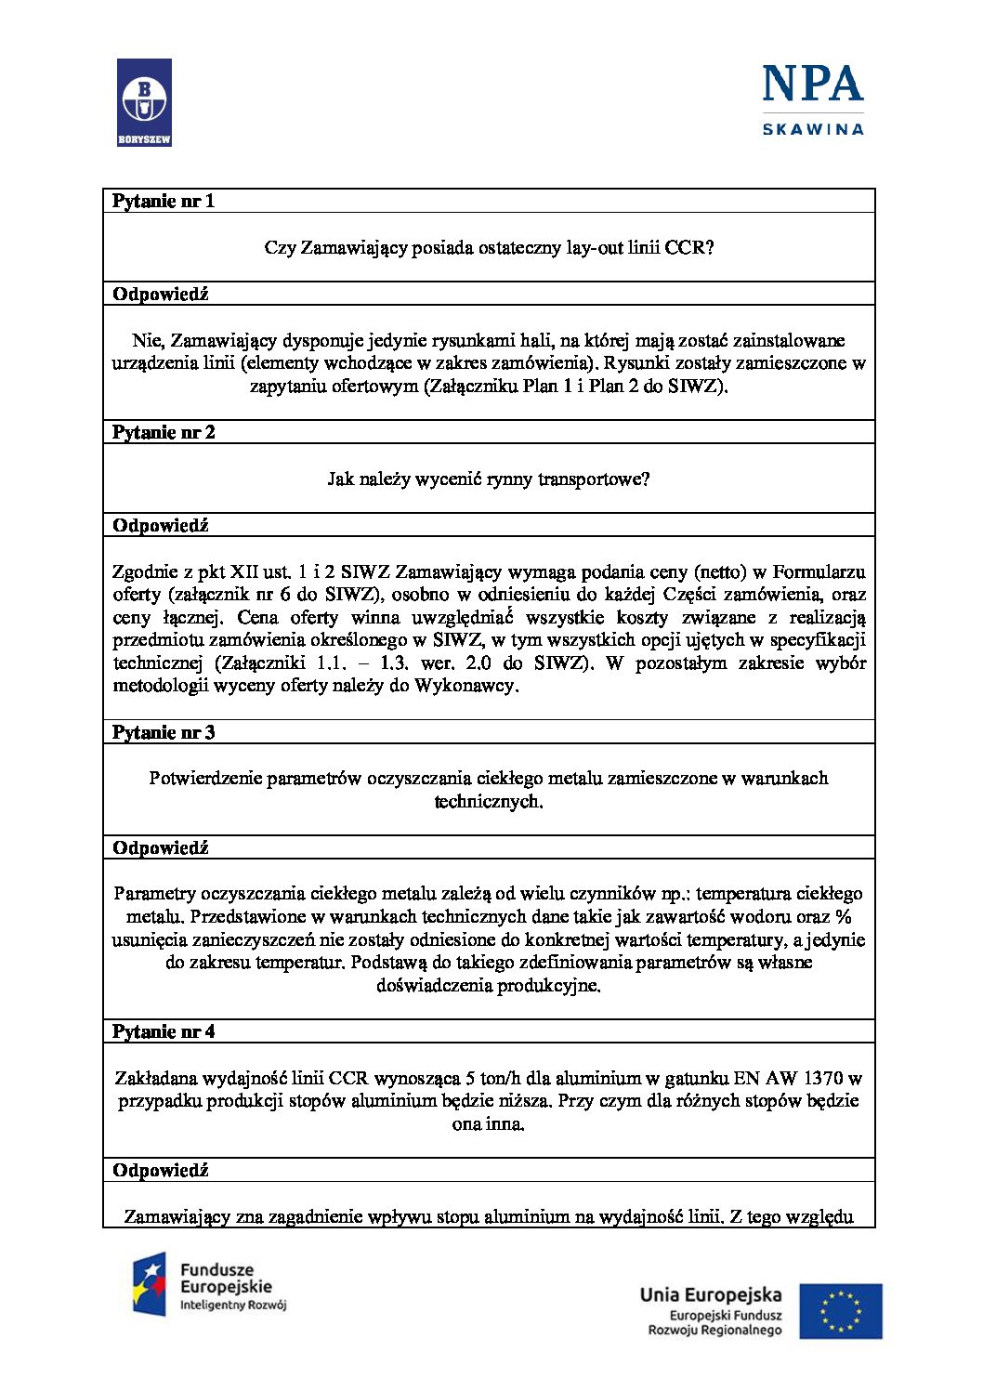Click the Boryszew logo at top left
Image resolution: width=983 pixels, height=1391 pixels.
click(144, 102)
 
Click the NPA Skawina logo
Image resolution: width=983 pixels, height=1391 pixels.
click(813, 99)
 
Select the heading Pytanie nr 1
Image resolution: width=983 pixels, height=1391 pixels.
click(164, 201)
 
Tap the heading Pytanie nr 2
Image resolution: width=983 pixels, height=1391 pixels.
click(164, 432)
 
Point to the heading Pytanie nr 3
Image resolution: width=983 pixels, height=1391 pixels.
click(164, 732)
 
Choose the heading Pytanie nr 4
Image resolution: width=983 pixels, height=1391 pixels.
click(164, 1031)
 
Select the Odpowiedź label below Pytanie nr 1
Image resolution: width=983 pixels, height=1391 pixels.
click(161, 294)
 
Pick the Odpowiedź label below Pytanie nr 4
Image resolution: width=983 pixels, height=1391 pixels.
click(161, 1170)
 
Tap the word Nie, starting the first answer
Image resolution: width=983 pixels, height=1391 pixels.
click(148, 340)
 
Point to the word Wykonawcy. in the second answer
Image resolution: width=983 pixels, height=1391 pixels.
click(466, 686)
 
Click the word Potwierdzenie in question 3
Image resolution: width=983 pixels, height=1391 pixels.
click(205, 778)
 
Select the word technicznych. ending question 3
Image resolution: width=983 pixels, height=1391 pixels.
click(489, 801)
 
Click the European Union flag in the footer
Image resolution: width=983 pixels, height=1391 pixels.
click(841, 1311)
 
